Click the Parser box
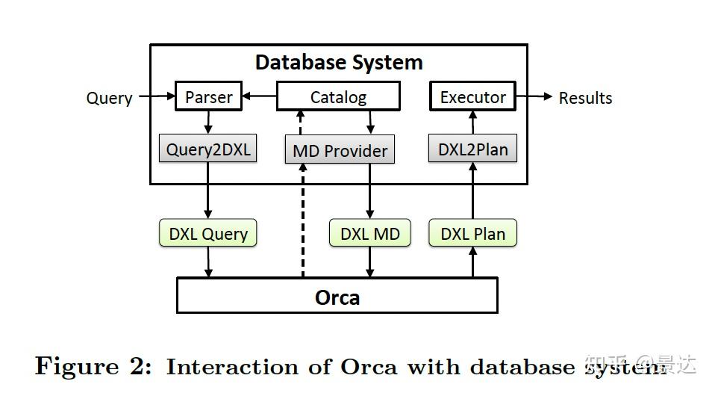click(208, 96)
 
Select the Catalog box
click(338, 96)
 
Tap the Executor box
click(472, 96)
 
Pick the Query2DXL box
click(208, 149)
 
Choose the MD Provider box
click(340, 150)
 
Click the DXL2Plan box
click(472, 149)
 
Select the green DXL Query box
click(208, 233)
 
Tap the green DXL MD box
click(369, 233)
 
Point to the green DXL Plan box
click(472, 233)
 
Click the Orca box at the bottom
click(337, 296)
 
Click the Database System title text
click(339, 62)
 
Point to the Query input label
click(109, 98)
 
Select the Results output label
click(585, 98)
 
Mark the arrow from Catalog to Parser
click(260, 96)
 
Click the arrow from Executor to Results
click(534, 96)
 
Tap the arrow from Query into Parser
click(155, 96)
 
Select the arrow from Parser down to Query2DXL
click(208, 122)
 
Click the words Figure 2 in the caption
click(93, 366)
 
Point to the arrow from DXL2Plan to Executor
click(472, 123)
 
